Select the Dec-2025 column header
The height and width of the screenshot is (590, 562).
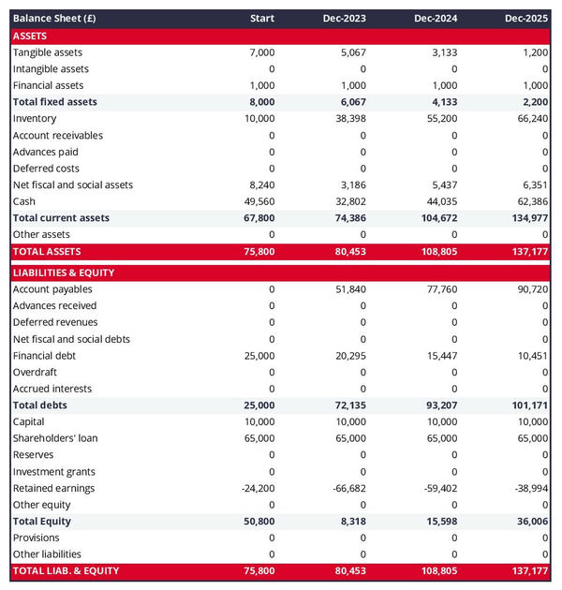point(526,19)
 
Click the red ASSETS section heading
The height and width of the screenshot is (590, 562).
point(30,36)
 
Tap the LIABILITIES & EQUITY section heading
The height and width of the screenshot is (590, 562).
point(64,273)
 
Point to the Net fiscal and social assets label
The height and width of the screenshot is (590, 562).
point(73,184)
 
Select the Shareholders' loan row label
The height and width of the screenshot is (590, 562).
point(55,438)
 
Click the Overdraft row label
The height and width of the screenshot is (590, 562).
point(35,372)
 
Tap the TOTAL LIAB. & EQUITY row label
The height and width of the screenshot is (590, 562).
point(66,570)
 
